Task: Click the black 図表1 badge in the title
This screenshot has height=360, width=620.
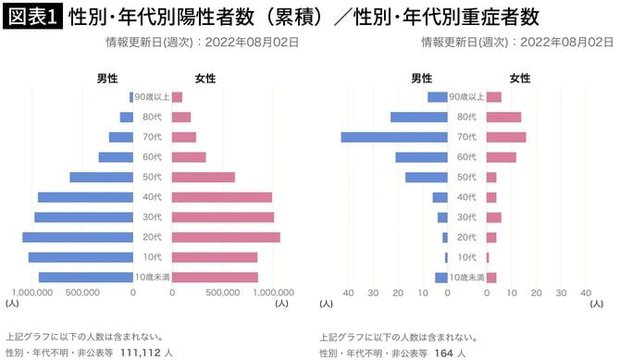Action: tap(32, 17)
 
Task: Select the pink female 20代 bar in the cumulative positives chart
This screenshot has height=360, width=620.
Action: tap(226, 238)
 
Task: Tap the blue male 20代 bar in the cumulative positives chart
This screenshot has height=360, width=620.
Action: tap(79, 238)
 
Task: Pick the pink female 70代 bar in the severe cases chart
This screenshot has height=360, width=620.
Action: tap(506, 137)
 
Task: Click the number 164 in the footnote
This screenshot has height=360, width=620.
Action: tap(444, 353)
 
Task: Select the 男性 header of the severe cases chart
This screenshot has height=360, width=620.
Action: tap(422, 79)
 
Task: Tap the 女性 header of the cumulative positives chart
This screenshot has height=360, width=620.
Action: tap(206, 79)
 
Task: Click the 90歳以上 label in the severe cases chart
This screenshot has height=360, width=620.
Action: tap(467, 97)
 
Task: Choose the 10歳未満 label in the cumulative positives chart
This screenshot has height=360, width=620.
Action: tap(153, 278)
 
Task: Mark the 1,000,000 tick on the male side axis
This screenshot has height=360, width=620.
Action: tap(31, 292)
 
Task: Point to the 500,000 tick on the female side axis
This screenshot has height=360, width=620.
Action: tap(223, 292)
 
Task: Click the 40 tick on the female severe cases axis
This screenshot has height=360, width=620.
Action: tap(586, 292)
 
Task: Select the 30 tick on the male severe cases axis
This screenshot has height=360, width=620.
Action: tap(373, 292)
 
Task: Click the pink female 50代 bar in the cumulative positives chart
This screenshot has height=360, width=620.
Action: tap(204, 178)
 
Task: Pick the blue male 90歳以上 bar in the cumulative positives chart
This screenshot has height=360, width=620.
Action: tap(131, 97)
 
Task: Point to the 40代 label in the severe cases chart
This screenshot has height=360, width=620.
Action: tap(467, 197)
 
